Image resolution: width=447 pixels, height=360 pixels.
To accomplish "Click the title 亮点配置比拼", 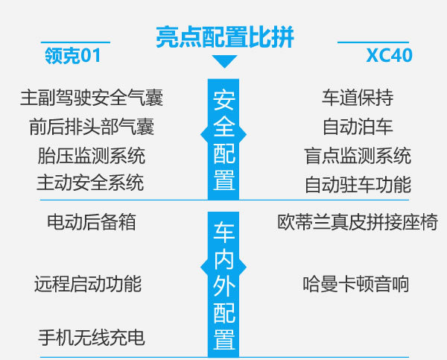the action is [225, 37].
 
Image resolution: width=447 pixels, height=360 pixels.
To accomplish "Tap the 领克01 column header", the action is [73, 55].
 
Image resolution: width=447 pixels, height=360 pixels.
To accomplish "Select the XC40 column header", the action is [389, 55].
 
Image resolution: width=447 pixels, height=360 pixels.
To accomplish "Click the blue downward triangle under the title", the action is [224, 61].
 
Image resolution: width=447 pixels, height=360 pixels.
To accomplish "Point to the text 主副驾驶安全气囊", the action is [92, 98].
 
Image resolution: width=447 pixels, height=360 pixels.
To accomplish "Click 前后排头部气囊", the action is [92, 127].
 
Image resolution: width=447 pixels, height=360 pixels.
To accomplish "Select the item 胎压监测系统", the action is [92, 156].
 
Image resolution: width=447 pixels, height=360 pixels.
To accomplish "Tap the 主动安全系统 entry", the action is [90, 183].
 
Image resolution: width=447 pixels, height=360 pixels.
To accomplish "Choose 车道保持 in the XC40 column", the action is [358, 98].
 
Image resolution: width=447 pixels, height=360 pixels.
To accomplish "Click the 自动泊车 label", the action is [358, 127].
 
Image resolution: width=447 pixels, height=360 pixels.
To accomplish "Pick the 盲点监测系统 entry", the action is [358, 156].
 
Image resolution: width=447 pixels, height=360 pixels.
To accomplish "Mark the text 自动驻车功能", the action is [358, 185].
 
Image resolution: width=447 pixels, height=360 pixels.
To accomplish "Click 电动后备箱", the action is [92, 222].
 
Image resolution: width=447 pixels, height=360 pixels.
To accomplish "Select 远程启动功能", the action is [88, 284].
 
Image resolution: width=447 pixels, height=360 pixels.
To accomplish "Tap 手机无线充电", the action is [92, 338].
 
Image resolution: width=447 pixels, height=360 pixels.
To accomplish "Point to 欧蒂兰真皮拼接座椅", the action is [358, 222].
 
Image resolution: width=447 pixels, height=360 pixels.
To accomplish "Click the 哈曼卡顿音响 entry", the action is [356, 284].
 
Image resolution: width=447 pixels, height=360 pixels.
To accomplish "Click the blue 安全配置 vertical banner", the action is [223, 139].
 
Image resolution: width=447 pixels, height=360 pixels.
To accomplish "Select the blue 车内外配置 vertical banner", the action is [223, 285].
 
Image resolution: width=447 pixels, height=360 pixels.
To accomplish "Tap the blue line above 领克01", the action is [75, 42].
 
